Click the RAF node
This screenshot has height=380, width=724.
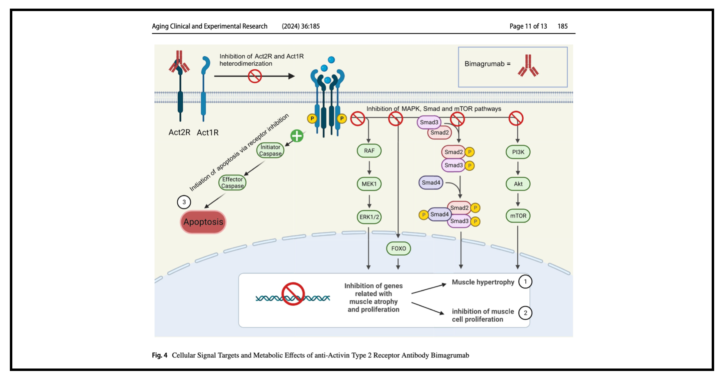(369, 151)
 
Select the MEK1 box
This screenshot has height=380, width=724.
(369, 184)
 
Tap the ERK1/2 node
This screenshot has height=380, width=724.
(369, 217)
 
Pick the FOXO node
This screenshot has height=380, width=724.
(399, 248)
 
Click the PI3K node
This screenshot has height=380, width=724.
(518, 152)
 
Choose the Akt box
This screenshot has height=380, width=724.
(518, 184)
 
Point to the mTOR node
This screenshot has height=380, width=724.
(518, 216)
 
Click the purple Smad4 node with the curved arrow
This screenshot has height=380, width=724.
(431, 183)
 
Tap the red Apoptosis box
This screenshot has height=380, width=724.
(203, 222)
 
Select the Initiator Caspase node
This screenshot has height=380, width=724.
(270, 150)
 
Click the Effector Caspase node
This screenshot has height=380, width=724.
(232, 183)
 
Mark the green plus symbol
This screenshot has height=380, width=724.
(297, 136)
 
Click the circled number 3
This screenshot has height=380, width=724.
(184, 202)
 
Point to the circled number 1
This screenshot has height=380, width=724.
(525, 282)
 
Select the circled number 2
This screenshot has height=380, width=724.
(525, 313)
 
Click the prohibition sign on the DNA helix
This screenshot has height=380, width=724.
(293, 294)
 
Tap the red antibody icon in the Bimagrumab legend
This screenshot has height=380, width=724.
(528, 66)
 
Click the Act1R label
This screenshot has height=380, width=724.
(208, 133)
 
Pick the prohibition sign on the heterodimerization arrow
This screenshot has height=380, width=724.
(255, 76)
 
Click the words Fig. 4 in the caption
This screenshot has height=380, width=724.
(160, 355)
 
